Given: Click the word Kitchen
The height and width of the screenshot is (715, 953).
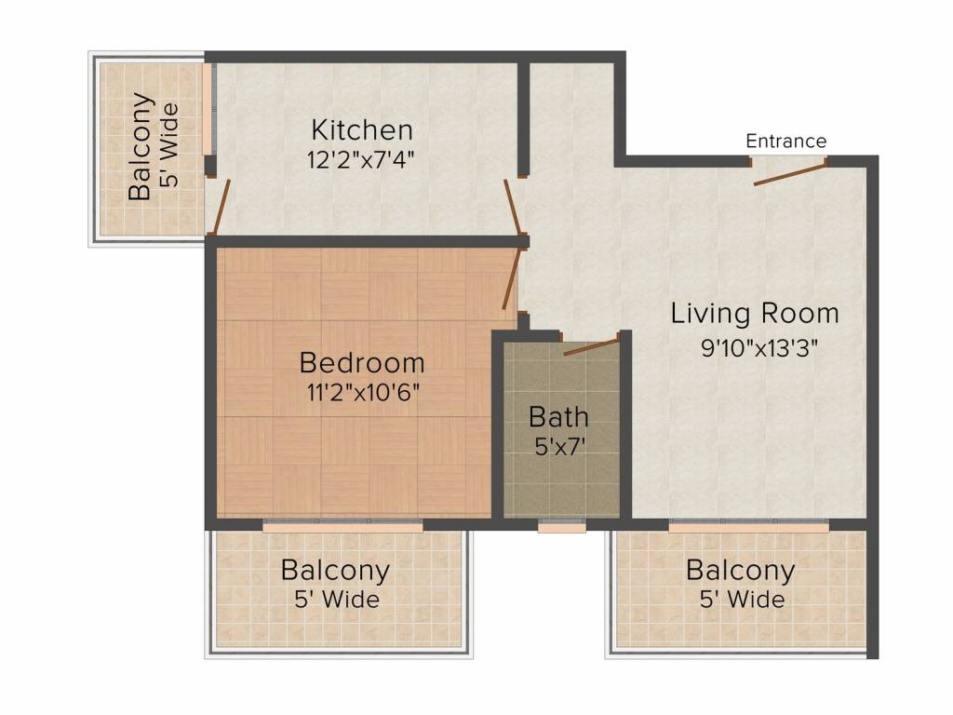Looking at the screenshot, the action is (x=362, y=130).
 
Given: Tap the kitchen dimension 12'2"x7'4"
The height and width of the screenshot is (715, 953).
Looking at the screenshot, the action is (x=360, y=160).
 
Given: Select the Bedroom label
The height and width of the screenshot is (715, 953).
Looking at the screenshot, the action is (x=362, y=363).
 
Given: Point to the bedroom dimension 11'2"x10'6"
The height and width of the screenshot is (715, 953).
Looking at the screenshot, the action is (x=363, y=393).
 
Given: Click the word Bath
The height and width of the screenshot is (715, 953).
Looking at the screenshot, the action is (x=558, y=417).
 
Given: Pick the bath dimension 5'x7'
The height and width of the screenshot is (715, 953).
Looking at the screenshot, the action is (x=559, y=447).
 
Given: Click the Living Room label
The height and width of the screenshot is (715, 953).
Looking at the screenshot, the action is (x=755, y=314).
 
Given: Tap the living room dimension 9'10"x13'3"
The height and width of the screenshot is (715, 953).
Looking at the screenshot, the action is (x=759, y=348).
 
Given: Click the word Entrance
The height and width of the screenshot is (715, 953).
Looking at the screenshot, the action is (x=785, y=142).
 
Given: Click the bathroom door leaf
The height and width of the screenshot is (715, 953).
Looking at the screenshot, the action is (x=591, y=344).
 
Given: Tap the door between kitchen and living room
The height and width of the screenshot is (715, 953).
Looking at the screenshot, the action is (x=513, y=207).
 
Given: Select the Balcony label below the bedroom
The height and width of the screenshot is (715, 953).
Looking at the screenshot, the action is (x=335, y=571).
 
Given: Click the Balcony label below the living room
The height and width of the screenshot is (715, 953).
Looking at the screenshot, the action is (x=741, y=571).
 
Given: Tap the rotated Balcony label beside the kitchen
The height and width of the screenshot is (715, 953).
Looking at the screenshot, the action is (x=140, y=146).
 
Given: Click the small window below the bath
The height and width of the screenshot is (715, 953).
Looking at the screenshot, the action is (x=562, y=526).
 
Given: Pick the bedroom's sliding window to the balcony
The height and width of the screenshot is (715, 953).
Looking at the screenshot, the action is (x=342, y=526).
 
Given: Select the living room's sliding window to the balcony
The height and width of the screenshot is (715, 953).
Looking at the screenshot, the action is (x=749, y=526).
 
